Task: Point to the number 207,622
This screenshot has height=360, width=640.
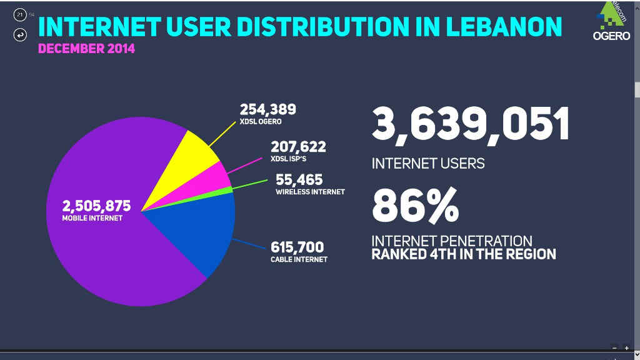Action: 298,147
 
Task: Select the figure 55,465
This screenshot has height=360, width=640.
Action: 299,181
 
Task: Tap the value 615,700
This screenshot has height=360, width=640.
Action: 297,247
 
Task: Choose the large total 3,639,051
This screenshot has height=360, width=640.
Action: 471,124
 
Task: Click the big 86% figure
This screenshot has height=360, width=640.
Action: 415,206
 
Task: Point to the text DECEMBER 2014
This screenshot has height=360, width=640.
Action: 86,48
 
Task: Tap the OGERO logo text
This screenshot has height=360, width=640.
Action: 611,36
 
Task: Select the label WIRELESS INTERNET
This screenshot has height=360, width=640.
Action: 310,192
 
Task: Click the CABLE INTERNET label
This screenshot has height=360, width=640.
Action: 299,259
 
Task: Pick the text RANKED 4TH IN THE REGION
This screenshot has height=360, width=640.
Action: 463,254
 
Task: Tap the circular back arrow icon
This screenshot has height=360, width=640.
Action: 19,35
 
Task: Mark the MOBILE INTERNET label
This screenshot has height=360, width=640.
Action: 92,218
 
